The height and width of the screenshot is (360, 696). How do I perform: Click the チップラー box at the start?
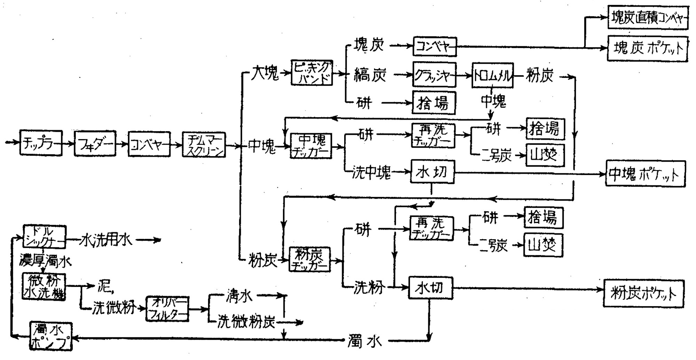pyautogui.click(x=41, y=143)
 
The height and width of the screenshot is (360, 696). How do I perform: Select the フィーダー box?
pyautogui.click(x=95, y=143)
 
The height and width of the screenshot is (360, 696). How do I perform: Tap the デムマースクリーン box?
pyautogui.click(x=204, y=144)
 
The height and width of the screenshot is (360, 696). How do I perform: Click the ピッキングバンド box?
pyautogui.click(x=312, y=73)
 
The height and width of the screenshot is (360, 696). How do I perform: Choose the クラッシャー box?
pyautogui.click(x=434, y=74)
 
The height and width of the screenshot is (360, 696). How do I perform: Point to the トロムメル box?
pyautogui.click(x=492, y=75)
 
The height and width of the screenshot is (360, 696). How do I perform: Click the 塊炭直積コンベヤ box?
pyautogui.click(x=648, y=17)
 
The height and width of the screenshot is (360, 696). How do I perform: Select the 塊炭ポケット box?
pyautogui.click(x=648, y=48)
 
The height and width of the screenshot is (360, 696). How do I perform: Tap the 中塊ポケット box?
pyautogui.click(x=645, y=174)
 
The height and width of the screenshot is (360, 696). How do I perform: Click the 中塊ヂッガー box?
pyautogui.click(x=311, y=146)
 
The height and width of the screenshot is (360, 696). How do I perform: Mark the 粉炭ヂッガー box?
pyautogui.click(x=309, y=259)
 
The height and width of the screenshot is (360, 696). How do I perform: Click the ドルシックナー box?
pyautogui.click(x=44, y=237)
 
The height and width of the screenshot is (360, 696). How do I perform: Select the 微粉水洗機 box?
pyautogui.click(x=44, y=287)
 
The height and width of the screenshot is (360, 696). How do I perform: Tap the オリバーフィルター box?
pyautogui.click(x=167, y=309)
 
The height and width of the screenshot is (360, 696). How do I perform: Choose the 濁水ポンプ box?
pyautogui.click(x=51, y=336)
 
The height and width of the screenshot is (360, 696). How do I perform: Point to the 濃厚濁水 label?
pyautogui.click(x=45, y=261)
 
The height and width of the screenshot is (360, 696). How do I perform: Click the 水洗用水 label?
pyautogui.click(x=106, y=240)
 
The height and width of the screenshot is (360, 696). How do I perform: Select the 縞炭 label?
pyautogui.click(x=370, y=74)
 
